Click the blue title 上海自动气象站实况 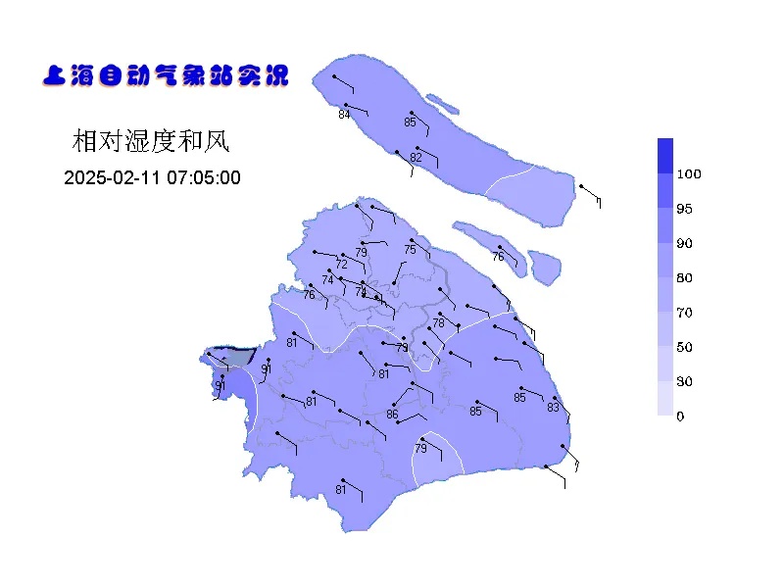pos(166,75)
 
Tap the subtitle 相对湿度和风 pos(151,141)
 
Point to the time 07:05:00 pos(201,178)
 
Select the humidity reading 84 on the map pos(344,115)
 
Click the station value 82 pos(416,158)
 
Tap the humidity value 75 pos(410,250)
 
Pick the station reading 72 pos(342,265)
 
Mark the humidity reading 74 pos(328,280)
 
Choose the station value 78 pos(438,323)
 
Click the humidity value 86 pos(392,415)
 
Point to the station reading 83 pos(553,408)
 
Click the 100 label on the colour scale pos(689,174)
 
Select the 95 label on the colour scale pos(685,209)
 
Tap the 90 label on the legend pos(685,243)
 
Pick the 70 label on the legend pos(685,313)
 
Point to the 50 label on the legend pos(685,347)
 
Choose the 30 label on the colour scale pos(685,381)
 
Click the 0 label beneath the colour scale pos(681,416)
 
